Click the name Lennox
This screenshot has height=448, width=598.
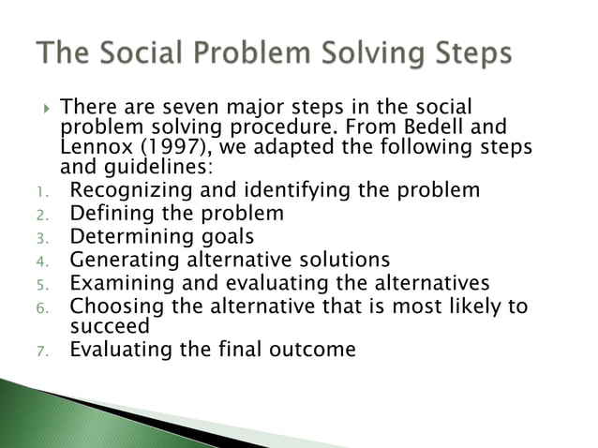click(97, 148)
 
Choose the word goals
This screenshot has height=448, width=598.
click(223, 236)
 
